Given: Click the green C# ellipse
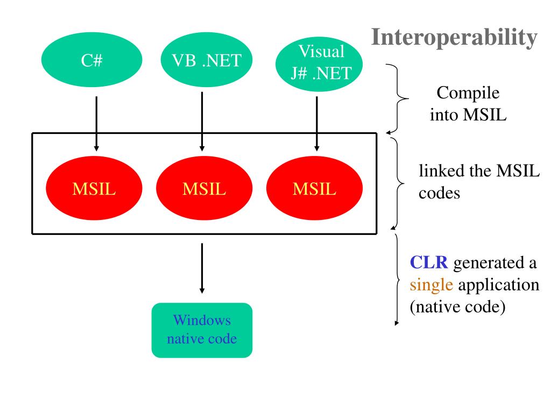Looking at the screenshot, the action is click(91, 60).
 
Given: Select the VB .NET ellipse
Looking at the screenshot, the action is click(207, 60).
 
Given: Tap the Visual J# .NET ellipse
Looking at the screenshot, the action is click(319, 64).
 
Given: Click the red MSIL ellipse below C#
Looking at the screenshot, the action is click(94, 188).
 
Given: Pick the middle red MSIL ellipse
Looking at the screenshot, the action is click(204, 188).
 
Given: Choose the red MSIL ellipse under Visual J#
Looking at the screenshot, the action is click(314, 188).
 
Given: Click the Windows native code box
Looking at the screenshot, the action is click(202, 330).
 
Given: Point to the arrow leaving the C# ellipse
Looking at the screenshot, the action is click(96, 124).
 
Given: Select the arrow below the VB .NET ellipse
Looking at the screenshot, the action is click(202, 122).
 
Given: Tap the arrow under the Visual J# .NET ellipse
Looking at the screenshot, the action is click(316, 124).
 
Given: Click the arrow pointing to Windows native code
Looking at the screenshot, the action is click(202, 268).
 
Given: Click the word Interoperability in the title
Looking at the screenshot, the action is click(454, 38).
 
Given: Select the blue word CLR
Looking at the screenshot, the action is click(429, 262).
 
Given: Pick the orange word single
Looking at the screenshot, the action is click(431, 285).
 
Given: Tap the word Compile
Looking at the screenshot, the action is click(468, 94).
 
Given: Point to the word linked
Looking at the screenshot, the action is click(441, 170).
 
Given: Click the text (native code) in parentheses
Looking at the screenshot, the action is click(457, 307).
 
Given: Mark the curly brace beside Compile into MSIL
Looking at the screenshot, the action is click(398, 99).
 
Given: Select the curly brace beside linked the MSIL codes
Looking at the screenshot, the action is click(398, 183).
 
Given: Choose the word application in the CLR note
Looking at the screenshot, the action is click(499, 285).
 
